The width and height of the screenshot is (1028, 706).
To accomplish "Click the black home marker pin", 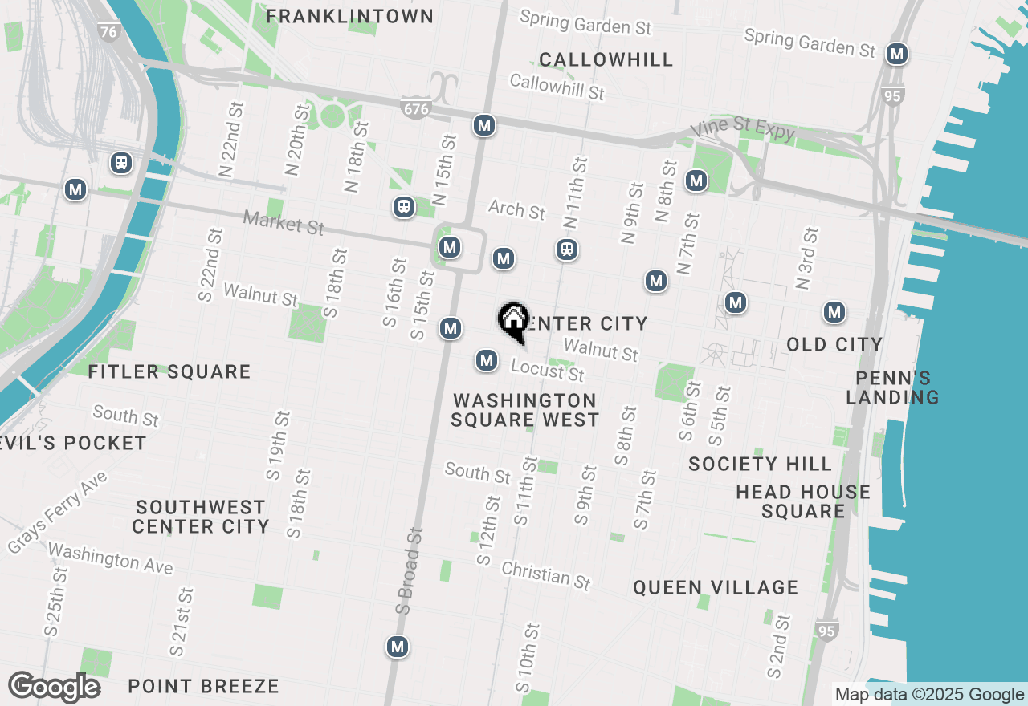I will [513, 321].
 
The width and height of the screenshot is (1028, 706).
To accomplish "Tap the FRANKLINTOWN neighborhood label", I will [349, 16].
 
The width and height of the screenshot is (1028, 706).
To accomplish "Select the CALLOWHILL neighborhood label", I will [606, 59].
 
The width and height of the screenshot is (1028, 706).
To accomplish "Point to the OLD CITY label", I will [834, 344].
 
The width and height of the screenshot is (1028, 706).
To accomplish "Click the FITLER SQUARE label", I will [169, 371].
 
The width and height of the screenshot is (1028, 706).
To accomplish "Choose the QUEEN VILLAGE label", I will [716, 587].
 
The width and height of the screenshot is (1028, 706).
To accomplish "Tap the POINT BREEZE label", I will [204, 686].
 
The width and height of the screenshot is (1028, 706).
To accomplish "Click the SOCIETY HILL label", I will [760, 464].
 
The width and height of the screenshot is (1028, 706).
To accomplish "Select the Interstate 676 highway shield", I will [415, 108].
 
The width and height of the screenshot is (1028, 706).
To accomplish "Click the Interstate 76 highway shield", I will [108, 32].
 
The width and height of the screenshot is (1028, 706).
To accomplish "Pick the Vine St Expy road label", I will [743, 129].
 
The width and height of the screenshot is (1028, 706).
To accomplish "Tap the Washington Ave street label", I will [110, 558].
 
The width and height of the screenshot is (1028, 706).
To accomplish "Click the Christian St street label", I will [546, 574].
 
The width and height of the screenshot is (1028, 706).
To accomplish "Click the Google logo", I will [54, 687].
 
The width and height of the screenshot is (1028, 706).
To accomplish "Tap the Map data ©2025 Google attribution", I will [929, 695].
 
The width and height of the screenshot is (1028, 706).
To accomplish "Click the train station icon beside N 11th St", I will [567, 250].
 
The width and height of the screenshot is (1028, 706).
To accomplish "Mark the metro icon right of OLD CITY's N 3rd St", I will [834, 312].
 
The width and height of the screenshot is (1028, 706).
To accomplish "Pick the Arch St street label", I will [516, 209].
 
